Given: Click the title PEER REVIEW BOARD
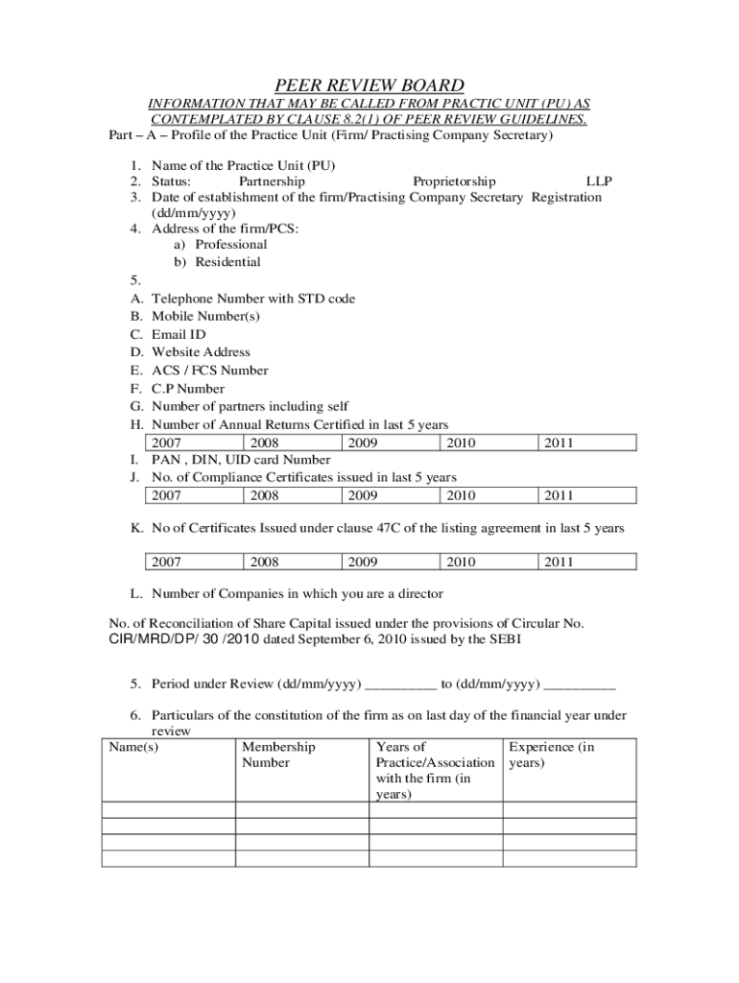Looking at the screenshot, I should point(369,85).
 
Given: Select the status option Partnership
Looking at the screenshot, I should point(272,180).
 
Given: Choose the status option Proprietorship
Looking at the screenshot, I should point(454,180).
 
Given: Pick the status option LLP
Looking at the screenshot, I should point(599,180).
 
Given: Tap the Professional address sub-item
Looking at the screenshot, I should point(231,244).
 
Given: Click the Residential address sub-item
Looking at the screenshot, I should point(228,262).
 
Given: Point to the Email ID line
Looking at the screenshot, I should point(179,334).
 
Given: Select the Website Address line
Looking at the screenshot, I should point(201,352).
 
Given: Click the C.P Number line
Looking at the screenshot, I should point(188,389).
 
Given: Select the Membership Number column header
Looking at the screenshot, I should point(278,755).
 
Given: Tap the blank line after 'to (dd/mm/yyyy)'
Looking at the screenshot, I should point(580,684).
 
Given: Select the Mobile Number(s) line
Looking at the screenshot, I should point(205,316).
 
